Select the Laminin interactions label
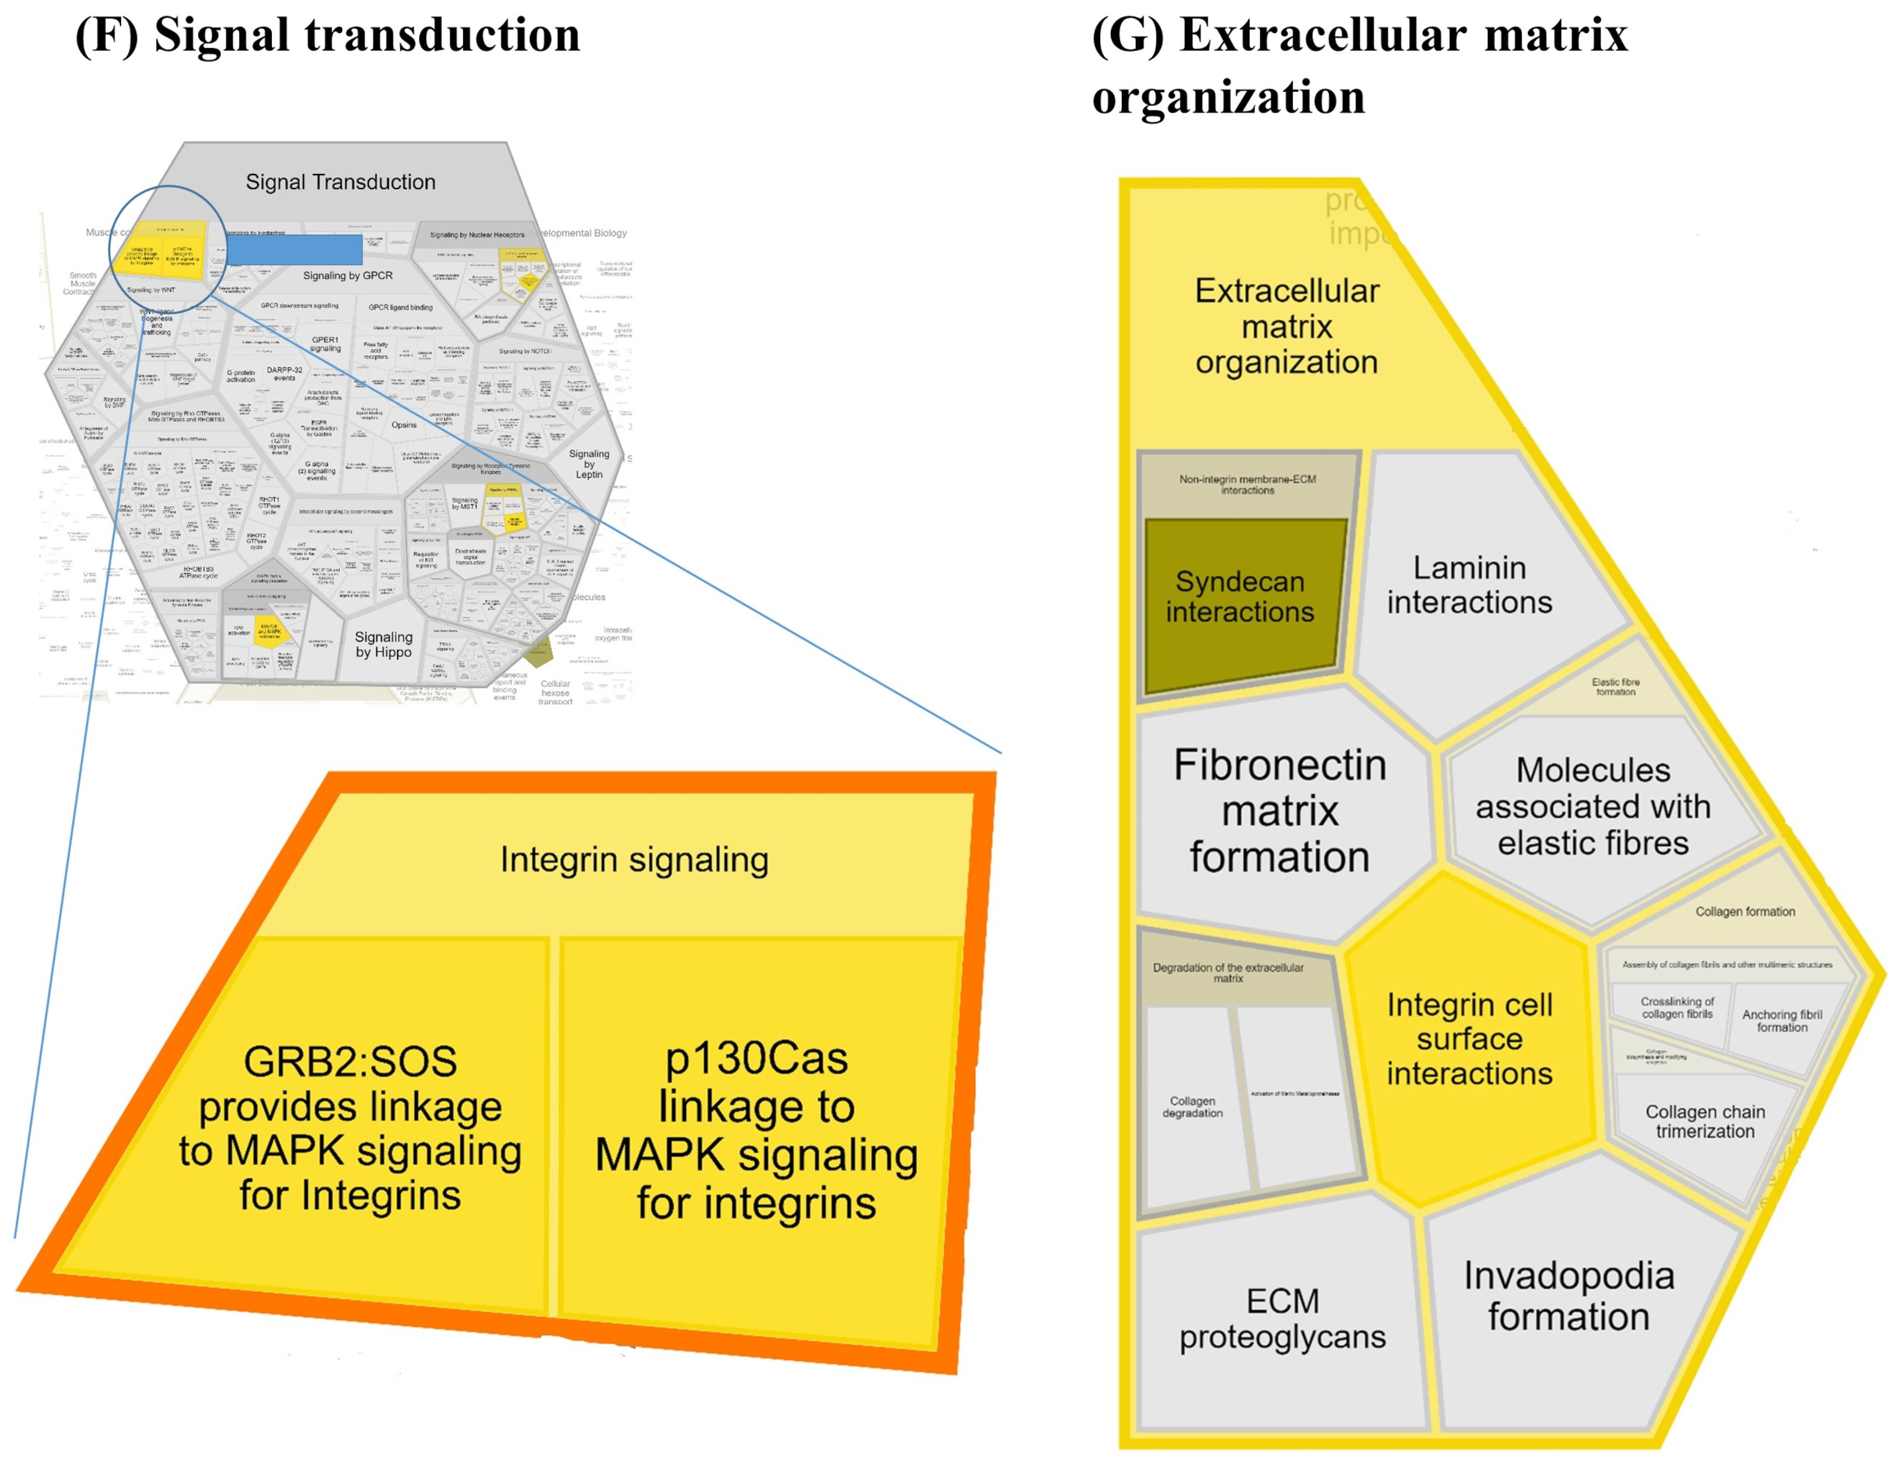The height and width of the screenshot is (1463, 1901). (x=1469, y=585)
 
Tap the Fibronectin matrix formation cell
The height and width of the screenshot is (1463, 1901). (x=1280, y=811)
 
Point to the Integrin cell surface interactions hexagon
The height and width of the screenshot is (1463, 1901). (x=1469, y=1039)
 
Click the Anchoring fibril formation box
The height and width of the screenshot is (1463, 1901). (x=1782, y=1021)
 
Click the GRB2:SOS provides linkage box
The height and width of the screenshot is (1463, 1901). (x=350, y=1128)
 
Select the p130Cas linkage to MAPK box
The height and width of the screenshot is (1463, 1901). (x=756, y=1132)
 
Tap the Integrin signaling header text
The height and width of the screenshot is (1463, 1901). (x=634, y=860)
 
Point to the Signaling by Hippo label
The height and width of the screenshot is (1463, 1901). (x=384, y=645)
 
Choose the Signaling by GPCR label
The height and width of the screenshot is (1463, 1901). (x=347, y=276)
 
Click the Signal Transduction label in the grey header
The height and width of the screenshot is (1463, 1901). (x=340, y=182)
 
